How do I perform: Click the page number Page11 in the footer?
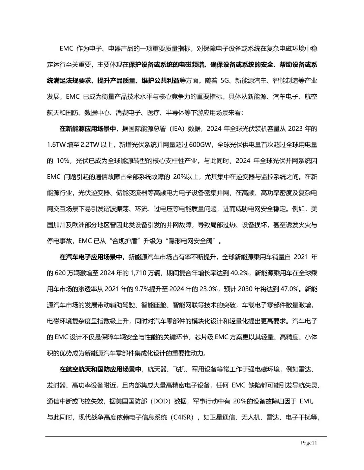click(x=309, y=443)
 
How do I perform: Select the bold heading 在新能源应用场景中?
click(x=88, y=129)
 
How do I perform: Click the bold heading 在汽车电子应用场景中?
click(x=91, y=257)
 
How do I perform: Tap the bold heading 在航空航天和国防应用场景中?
click(x=100, y=369)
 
